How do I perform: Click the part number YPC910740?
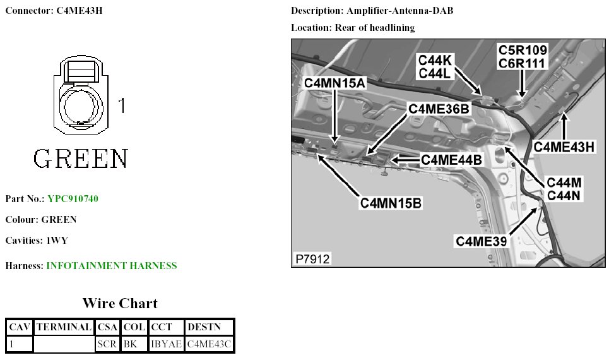73,199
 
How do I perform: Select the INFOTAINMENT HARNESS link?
112,266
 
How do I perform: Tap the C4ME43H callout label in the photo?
564,147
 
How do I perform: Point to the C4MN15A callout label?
334,83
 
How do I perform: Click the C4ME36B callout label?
439,109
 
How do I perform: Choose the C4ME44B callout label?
451,160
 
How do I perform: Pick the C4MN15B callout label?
391,203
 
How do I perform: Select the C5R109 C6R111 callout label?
523,56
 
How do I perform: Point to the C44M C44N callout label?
564,189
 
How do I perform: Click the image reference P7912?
312,259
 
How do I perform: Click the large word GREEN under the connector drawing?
81,159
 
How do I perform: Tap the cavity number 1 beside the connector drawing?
122,105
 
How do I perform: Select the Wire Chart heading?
120,303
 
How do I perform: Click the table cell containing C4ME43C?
210,344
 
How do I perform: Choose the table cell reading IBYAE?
167,344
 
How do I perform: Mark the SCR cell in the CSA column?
107,344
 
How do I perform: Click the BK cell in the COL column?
131,344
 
